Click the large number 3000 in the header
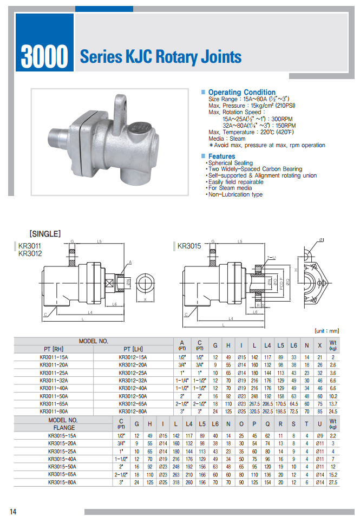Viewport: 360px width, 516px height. (44, 56)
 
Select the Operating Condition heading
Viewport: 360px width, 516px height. (241, 93)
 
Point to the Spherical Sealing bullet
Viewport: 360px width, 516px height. (230, 163)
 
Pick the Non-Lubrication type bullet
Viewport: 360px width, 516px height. (235, 194)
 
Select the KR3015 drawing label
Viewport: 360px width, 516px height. (189, 246)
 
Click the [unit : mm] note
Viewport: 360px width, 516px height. (326, 330)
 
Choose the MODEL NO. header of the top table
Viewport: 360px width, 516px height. (94, 341)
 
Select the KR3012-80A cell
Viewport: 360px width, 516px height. (133, 411)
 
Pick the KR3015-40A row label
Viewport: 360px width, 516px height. (62, 459)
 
